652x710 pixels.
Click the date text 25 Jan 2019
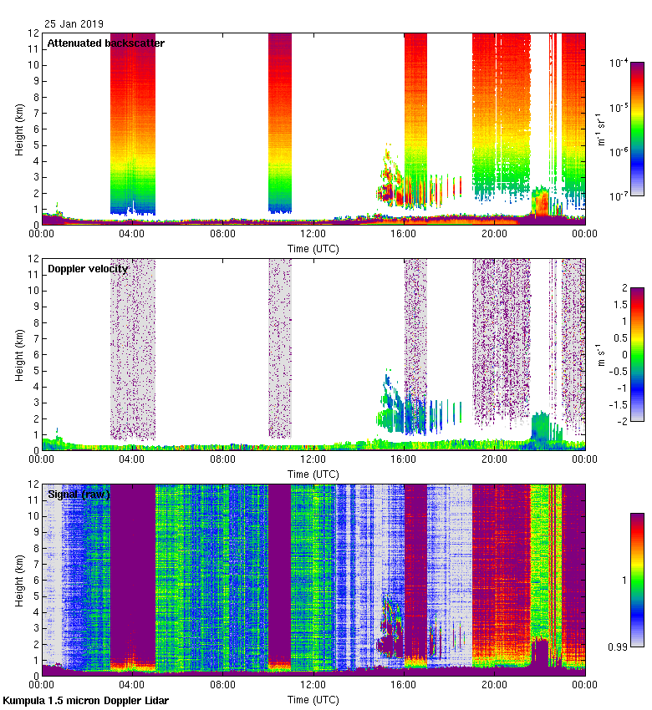[74, 24]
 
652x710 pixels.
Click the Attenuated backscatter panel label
[106, 43]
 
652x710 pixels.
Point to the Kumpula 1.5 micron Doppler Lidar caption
[86, 700]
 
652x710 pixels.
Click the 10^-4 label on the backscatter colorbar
[619, 63]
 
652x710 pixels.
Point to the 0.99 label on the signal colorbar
[619, 646]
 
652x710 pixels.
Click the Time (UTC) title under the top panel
[313, 249]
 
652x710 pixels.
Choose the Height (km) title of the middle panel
[18, 355]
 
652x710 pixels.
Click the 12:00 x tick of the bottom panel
[313, 683]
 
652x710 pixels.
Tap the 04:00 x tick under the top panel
[132, 234]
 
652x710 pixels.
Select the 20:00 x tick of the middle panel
[494, 459]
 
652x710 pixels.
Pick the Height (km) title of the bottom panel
[18, 581]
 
